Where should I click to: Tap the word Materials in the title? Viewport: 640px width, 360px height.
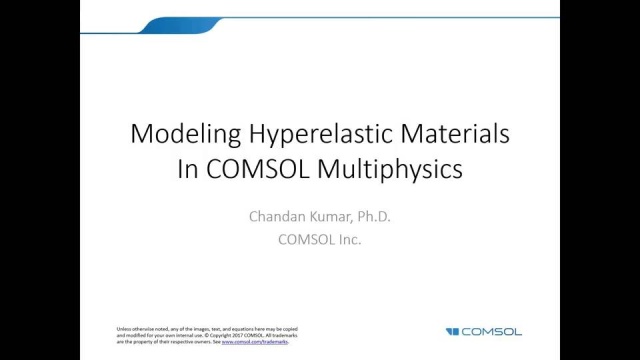pos(454,134)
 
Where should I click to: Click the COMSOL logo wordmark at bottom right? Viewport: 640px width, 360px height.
pos(492,331)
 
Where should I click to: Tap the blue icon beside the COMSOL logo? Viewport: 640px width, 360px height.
pos(452,331)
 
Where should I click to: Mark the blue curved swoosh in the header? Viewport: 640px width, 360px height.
pos(200,24)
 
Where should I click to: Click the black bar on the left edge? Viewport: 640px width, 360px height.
pos(40,180)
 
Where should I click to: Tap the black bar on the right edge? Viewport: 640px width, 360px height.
pos(600,180)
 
